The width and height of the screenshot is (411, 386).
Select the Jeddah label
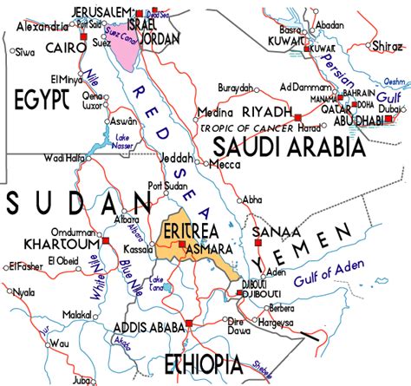tap(177, 158)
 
